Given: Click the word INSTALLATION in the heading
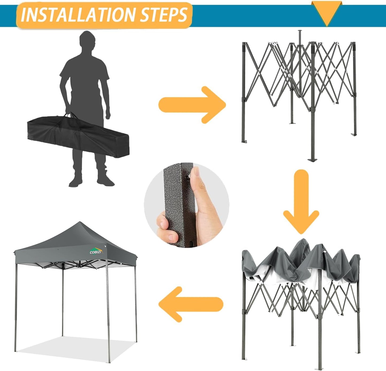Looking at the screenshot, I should tap(79, 15).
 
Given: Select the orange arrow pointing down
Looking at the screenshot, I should tap(301, 203).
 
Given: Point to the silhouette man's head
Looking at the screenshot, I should tap(87, 40).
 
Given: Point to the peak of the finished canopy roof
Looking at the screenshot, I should tap(79, 223).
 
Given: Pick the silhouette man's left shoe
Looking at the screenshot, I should tap(106, 180).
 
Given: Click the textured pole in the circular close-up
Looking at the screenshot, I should tap(176, 206).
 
